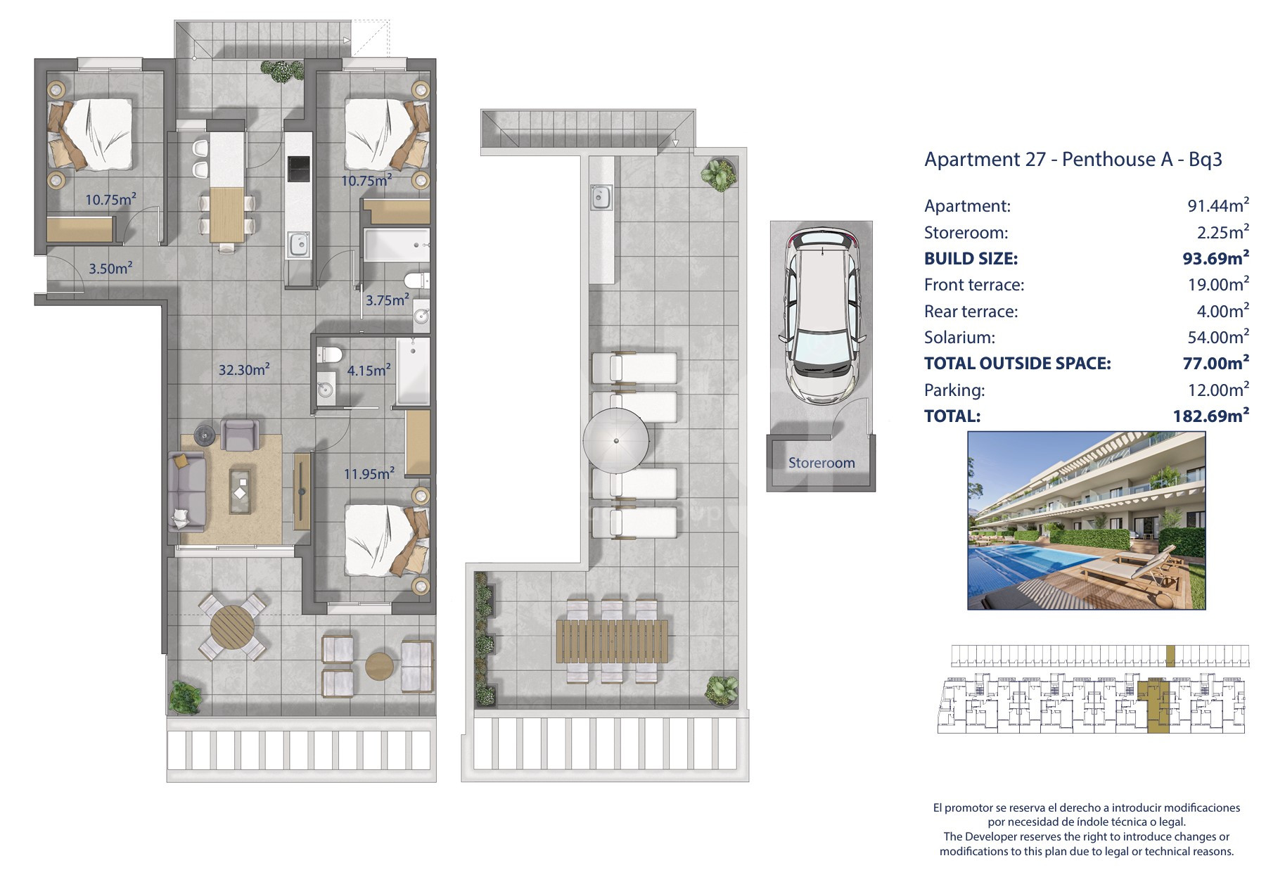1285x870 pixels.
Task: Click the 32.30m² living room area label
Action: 244,369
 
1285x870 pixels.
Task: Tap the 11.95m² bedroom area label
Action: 369,473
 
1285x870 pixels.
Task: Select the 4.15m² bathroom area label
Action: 369,369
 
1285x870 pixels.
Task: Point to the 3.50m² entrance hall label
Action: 110,268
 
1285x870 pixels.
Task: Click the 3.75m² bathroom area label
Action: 387,300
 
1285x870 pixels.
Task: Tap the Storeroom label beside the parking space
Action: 821,463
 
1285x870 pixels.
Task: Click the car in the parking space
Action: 821,315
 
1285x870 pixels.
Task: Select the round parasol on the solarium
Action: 616,442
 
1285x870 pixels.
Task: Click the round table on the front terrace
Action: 233,626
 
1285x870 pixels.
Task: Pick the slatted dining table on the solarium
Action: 612,641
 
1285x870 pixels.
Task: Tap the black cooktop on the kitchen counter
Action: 298,168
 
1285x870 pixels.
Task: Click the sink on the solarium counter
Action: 601,197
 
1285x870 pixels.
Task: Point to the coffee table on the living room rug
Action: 243,487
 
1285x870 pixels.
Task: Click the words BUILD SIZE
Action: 971,258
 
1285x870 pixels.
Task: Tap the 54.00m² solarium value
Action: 1218,337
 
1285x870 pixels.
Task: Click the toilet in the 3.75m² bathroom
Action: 418,279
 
